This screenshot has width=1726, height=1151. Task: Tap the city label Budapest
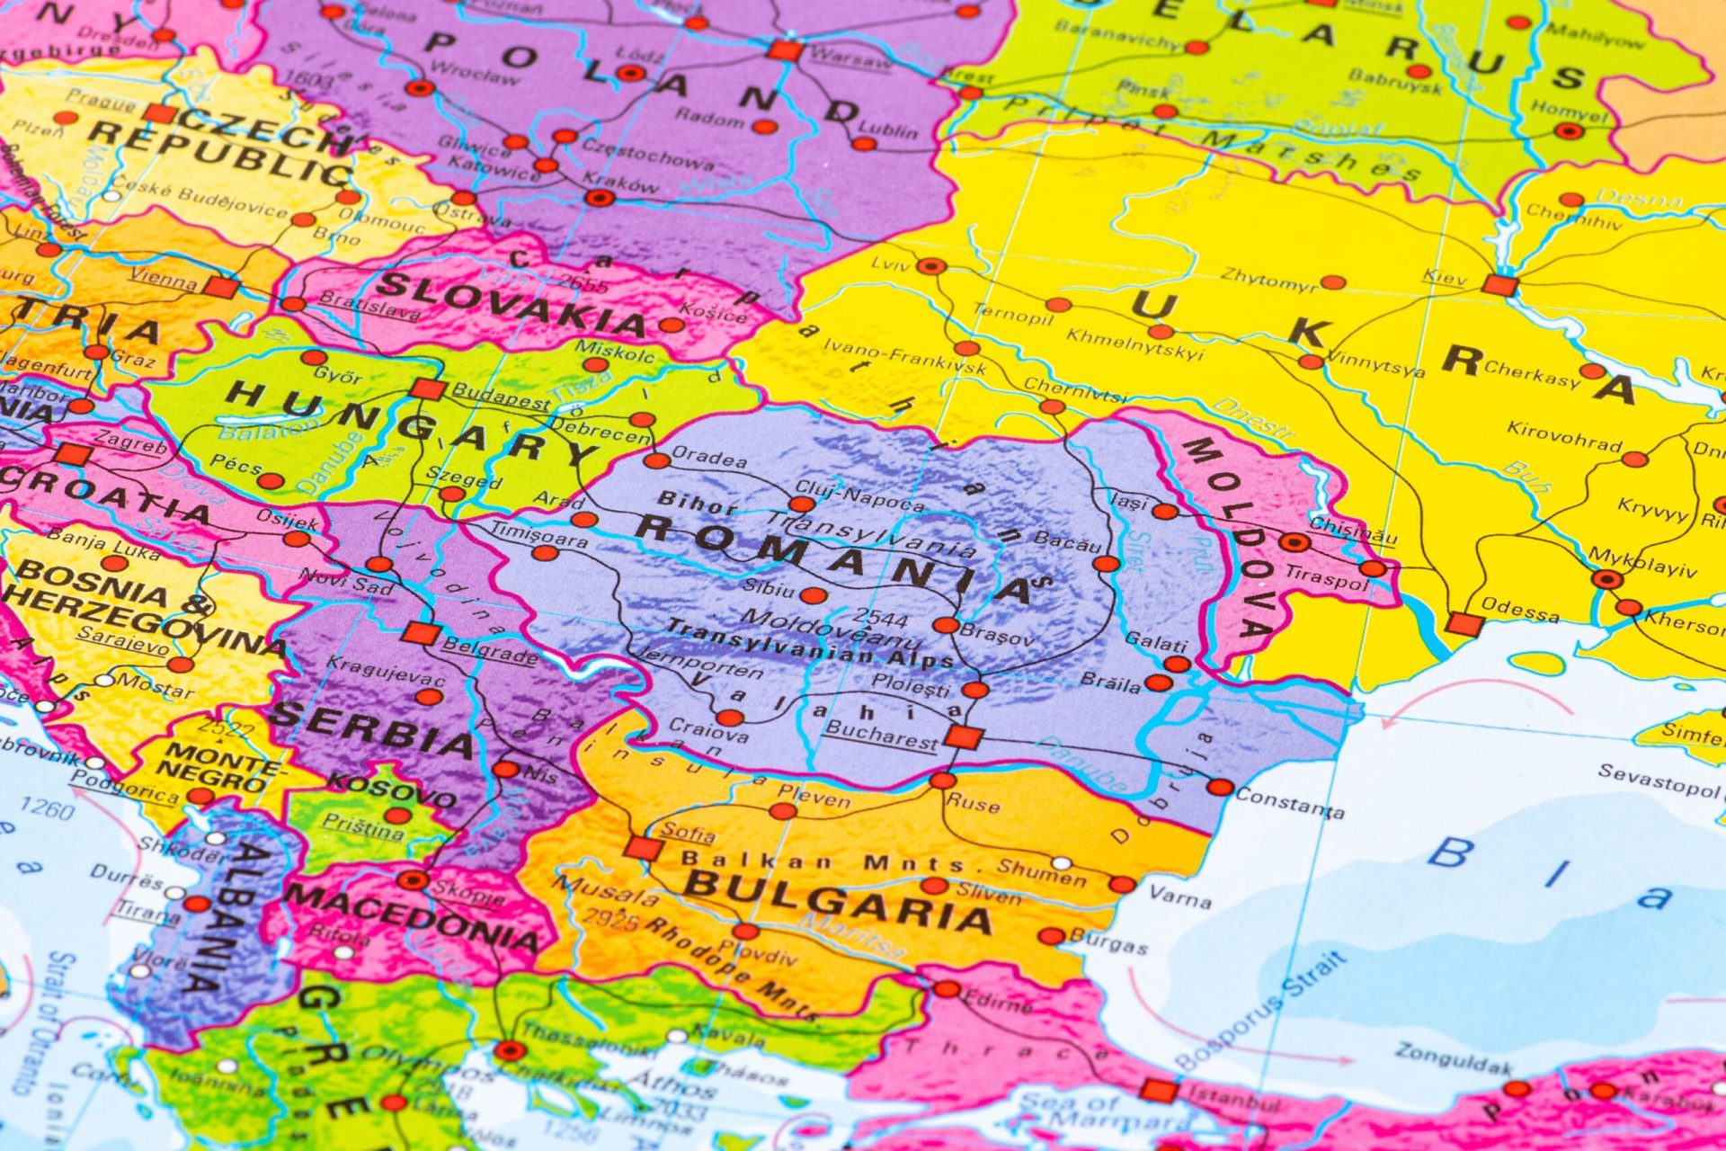coord(500,397)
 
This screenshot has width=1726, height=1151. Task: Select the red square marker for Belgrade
coord(420,633)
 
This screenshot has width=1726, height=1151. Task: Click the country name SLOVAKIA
coord(511,303)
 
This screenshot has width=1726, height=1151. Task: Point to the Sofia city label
coord(688,831)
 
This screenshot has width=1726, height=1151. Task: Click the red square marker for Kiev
coord(1499,286)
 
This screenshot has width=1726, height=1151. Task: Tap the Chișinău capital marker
coord(1294,542)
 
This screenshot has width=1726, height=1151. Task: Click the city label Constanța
coord(1290,802)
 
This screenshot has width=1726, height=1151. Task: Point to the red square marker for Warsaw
coord(785,50)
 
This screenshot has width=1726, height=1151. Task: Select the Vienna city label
coord(163,279)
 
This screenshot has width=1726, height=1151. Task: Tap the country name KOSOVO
coord(391,790)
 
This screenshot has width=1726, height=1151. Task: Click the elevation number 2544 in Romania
coord(880,618)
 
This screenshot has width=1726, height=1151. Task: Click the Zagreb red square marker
coord(73,454)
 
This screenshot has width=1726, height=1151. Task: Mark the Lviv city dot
coord(931,266)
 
